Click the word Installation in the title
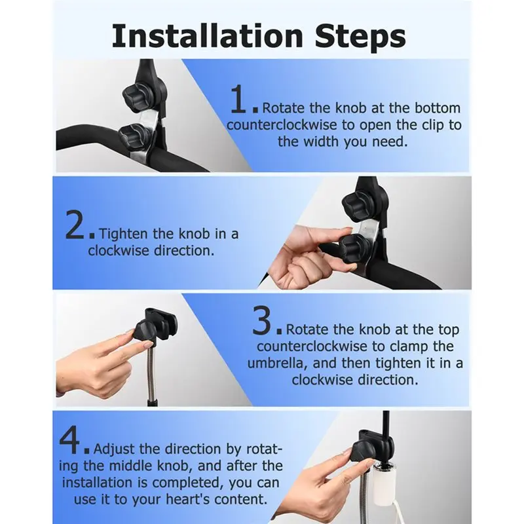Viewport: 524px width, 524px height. coord(207,36)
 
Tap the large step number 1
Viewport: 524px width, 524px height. coord(239,99)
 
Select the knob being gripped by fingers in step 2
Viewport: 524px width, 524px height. coord(353,246)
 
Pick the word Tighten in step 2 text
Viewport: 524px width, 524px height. coord(124,234)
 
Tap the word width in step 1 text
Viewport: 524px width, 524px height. coord(321,141)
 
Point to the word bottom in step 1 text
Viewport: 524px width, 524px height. coord(438,108)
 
